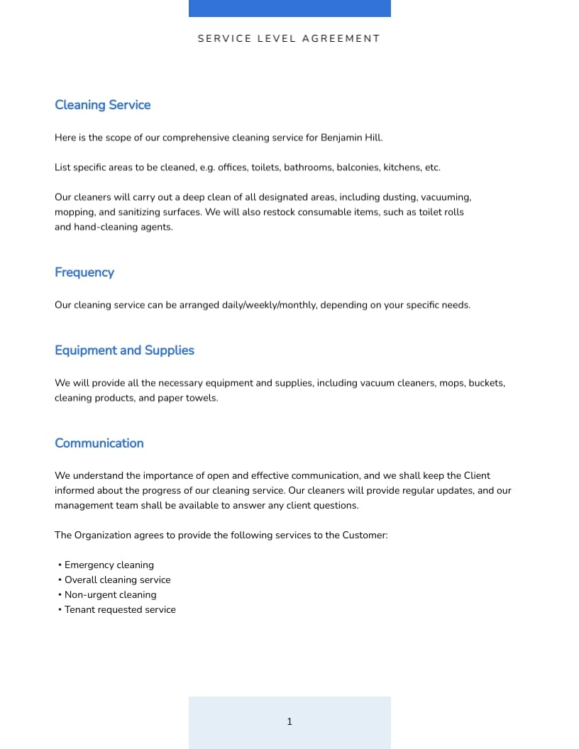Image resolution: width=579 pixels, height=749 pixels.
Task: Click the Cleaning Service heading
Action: (102, 105)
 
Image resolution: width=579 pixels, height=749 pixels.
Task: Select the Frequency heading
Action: (84, 272)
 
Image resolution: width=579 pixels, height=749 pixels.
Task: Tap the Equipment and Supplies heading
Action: (124, 350)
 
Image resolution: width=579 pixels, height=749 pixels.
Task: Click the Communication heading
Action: (99, 443)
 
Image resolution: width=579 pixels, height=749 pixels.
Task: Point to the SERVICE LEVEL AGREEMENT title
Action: (289, 39)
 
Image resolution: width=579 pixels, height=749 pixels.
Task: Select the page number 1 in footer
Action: (289, 722)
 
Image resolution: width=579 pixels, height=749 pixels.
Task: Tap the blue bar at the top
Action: (289, 8)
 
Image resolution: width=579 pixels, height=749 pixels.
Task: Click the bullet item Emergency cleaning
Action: (109, 565)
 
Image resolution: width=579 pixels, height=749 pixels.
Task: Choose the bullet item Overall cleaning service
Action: (117, 580)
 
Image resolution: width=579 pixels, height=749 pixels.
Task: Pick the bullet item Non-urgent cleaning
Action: (110, 595)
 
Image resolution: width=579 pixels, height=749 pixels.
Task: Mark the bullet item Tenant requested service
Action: (120, 610)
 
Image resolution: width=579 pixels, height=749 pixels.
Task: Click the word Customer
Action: (364, 536)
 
